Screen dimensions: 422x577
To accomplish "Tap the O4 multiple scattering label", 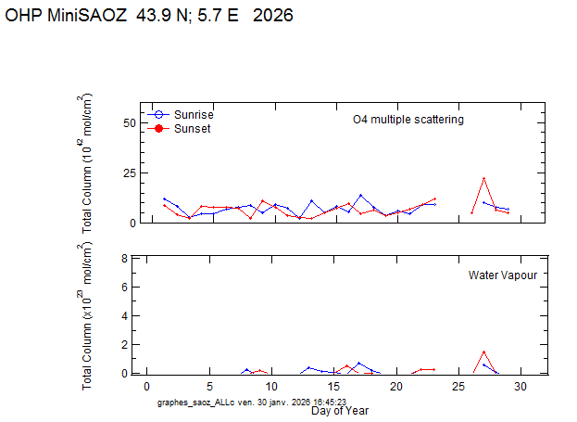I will [408, 120].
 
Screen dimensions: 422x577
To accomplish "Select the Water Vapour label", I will [503, 275].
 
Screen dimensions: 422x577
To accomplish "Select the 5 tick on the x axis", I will [208, 386].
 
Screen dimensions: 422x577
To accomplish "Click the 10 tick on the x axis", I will [270, 386].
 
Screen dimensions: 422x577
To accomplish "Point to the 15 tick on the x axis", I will [333, 386].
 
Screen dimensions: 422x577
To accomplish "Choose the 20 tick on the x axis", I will [395, 386].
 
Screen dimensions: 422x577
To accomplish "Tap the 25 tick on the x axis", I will [458, 386].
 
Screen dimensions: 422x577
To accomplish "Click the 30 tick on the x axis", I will [521, 386].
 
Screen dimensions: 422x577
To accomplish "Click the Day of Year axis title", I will [340, 410].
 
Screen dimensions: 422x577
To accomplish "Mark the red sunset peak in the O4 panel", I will [483, 178].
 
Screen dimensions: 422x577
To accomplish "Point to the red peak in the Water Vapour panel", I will [483, 352].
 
